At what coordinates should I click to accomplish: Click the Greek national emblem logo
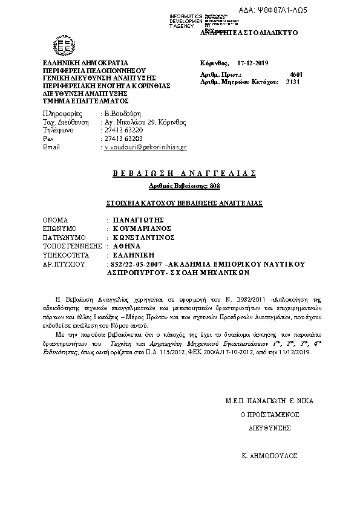64,45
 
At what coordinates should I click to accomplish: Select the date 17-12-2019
256,63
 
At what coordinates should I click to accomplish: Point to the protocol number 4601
296,74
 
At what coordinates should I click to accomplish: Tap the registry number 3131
293,80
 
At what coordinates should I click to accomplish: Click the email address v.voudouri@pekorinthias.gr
146,147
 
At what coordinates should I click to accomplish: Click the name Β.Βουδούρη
123,114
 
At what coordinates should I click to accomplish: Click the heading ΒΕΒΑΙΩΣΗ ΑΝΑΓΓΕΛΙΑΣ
185,173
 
